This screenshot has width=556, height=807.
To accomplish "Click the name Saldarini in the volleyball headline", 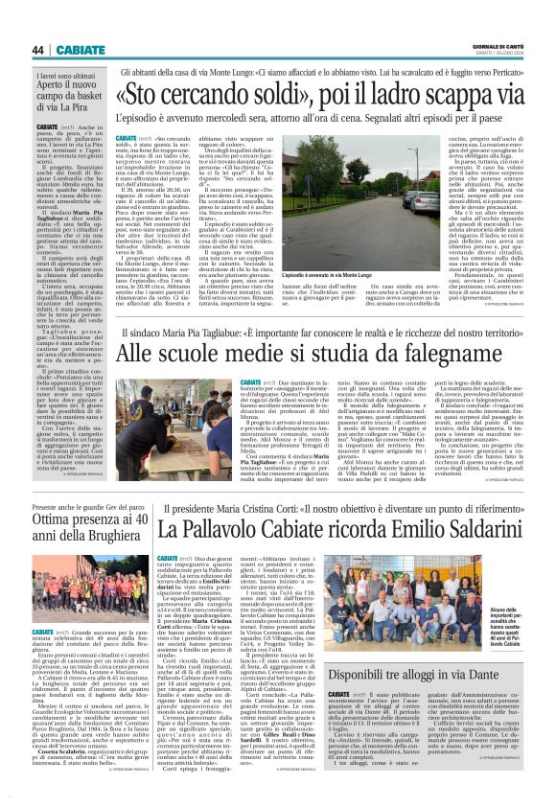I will point(467,527).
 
